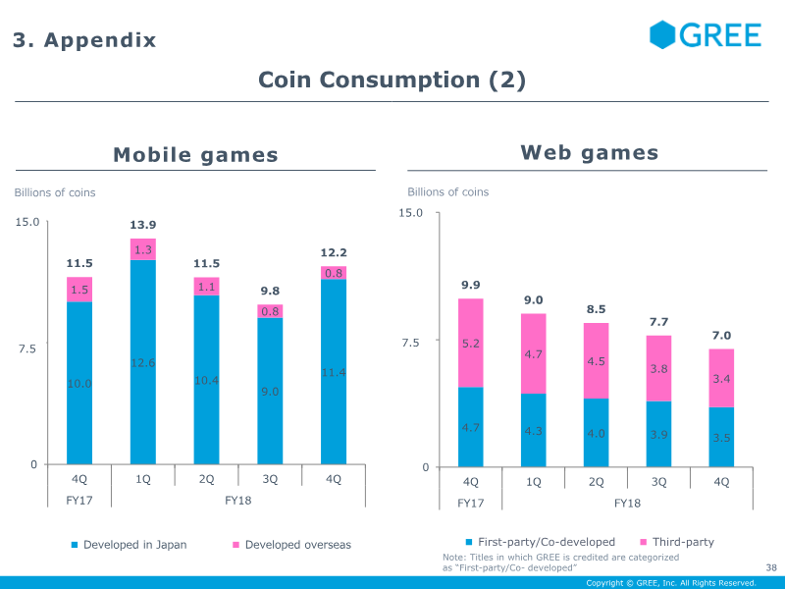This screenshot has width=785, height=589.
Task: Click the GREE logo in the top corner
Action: click(x=706, y=34)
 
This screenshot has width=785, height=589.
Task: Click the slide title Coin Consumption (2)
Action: click(x=392, y=80)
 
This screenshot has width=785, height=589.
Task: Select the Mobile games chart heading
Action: click(x=195, y=154)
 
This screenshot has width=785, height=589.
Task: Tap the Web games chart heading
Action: click(x=589, y=152)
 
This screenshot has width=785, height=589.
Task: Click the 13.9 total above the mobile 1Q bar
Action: click(x=143, y=226)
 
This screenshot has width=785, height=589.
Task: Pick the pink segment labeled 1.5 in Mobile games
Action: click(x=79, y=290)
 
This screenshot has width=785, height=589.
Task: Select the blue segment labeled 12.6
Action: click(x=143, y=362)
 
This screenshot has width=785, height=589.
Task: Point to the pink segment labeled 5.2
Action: click(x=470, y=343)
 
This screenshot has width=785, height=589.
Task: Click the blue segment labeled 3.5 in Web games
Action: click(x=721, y=437)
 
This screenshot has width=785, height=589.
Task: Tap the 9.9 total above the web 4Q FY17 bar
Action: click(x=470, y=286)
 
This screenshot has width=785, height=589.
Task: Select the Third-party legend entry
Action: click(x=677, y=542)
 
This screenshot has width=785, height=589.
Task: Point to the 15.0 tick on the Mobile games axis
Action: click(x=26, y=222)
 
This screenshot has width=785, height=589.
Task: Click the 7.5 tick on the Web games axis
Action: click(x=412, y=343)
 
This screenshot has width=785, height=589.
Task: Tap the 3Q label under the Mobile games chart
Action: click(x=270, y=479)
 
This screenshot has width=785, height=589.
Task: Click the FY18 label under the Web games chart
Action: click(x=627, y=503)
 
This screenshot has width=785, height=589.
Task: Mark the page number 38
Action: click(x=770, y=567)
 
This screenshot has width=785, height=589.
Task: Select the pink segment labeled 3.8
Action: click(x=658, y=368)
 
